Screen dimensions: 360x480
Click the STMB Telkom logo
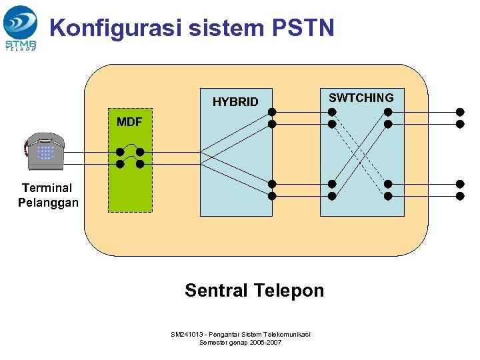click(x=21, y=27)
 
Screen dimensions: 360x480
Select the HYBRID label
click(x=235, y=102)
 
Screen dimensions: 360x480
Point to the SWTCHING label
click(x=361, y=98)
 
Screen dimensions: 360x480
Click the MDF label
click(x=129, y=122)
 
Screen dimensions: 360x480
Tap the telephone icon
click(x=44, y=153)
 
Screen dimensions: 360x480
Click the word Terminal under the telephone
click(x=47, y=188)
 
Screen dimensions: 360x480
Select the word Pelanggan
click(x=48, y=203)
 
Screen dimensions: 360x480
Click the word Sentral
click(x=215, y=291)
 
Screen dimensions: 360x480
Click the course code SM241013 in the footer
click(x=186, y=334)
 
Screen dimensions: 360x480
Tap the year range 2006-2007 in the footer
click(x=265, y=342)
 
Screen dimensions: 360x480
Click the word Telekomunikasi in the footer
click(x=287, y=334)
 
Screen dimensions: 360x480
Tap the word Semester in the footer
click(x=215, y=342)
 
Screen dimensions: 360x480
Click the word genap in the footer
click(x=240, y=342)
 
